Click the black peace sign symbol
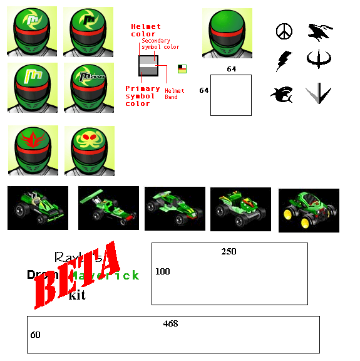point(284,31)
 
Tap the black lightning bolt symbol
point(284,60)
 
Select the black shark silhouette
point(281,95)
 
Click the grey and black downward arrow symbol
point(318,94)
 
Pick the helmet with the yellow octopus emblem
point(89,150)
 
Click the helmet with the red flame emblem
point(33,150)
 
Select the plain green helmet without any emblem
point(227,33)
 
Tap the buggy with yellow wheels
point(309,210)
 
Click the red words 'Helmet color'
point(145,30)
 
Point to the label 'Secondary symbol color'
point(160,43)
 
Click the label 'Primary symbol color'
point(142,96)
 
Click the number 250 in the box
point(229,251)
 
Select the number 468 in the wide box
point(170,324)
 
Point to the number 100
point(163,271)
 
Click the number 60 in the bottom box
point(35,335)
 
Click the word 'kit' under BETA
point(77,295)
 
